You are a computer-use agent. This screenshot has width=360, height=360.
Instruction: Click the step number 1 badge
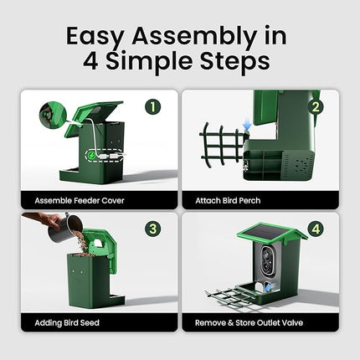coord(153,106)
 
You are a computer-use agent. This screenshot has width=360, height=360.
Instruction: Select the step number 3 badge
coord(153,229)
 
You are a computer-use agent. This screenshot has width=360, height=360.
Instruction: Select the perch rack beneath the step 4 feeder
coord(230,295)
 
